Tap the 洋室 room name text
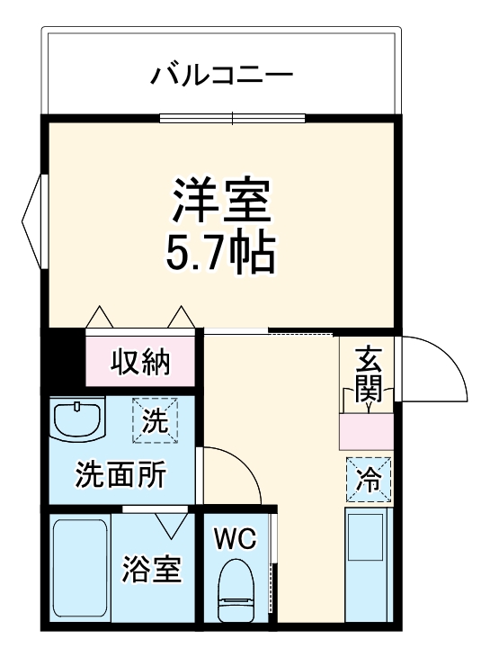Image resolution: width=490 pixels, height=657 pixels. click(x=221, y=201)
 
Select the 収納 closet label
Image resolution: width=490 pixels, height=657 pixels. click(x=140, y=362)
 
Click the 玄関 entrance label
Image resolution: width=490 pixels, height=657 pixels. click(x=369, y=373)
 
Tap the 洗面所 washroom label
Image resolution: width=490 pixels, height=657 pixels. click(x=120, y=473)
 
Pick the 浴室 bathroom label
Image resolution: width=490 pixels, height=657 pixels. click(x=152, y=569)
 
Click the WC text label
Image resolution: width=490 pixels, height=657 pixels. click(x=235, y=539)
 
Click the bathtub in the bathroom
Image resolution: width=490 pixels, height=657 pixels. click(x=79, y=569)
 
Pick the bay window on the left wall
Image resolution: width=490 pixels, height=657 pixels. click(x=34, y=221)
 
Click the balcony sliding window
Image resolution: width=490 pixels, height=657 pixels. click(x=233, y=117)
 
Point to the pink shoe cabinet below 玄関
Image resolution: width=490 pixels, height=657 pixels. click(x=366, y=433)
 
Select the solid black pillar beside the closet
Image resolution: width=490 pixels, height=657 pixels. click(x=65, y=357)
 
